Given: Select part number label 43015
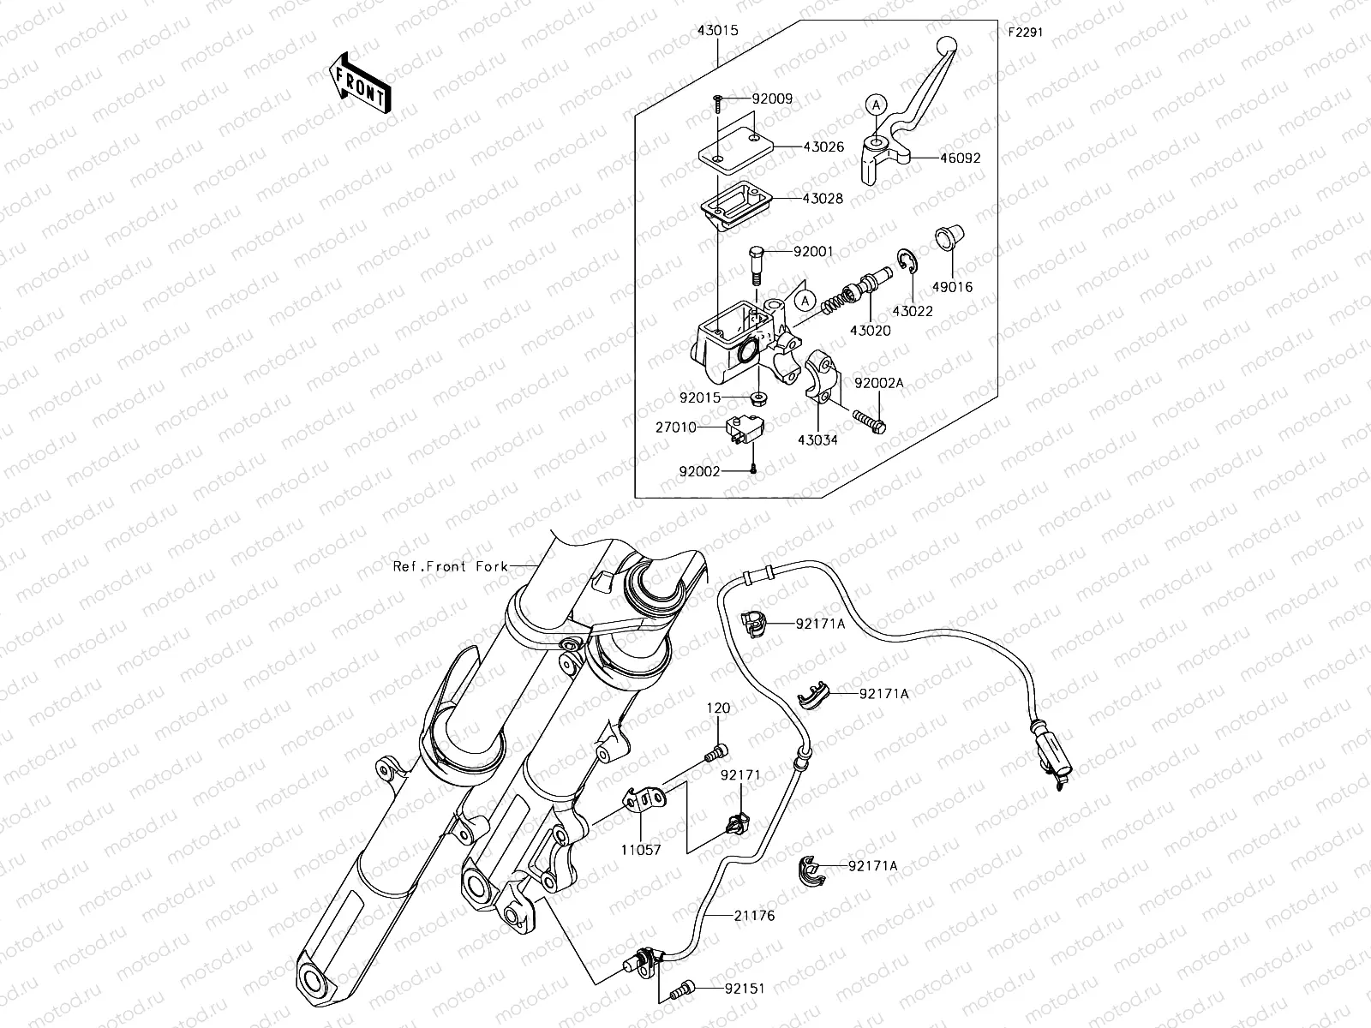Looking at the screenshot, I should (717, 31).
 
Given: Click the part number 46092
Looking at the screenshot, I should (960, 158).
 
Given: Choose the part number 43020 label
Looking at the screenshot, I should (870, 330).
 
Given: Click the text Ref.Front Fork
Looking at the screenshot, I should (451, 566).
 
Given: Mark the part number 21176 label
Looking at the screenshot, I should (754, 916).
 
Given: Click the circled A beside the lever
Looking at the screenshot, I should (874, 105).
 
